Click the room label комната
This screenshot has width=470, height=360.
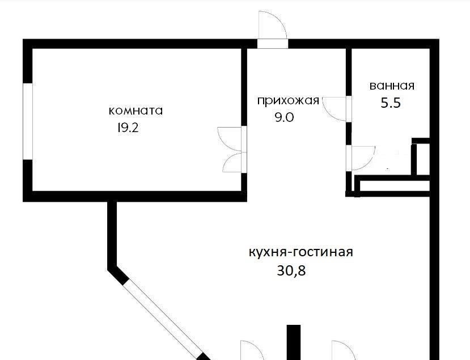click(x=136, y=111)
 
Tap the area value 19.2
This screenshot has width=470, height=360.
click(x=128, y=128)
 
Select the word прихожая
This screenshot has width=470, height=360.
click(x=288, y=101)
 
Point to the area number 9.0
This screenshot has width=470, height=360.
click(x=285, y=117)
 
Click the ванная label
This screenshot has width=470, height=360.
click(x=392, y=86)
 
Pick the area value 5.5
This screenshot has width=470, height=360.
click(x=391, y=103)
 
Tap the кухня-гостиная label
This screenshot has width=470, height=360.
click(x=301, y=252)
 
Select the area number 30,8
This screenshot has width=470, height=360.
click(x=291, y=271)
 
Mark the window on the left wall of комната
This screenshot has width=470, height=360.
click(x=28, y=121)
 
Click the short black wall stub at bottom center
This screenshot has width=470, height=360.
click(x=294, y=342)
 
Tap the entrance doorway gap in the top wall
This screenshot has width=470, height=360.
click(x=273, y=44)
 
